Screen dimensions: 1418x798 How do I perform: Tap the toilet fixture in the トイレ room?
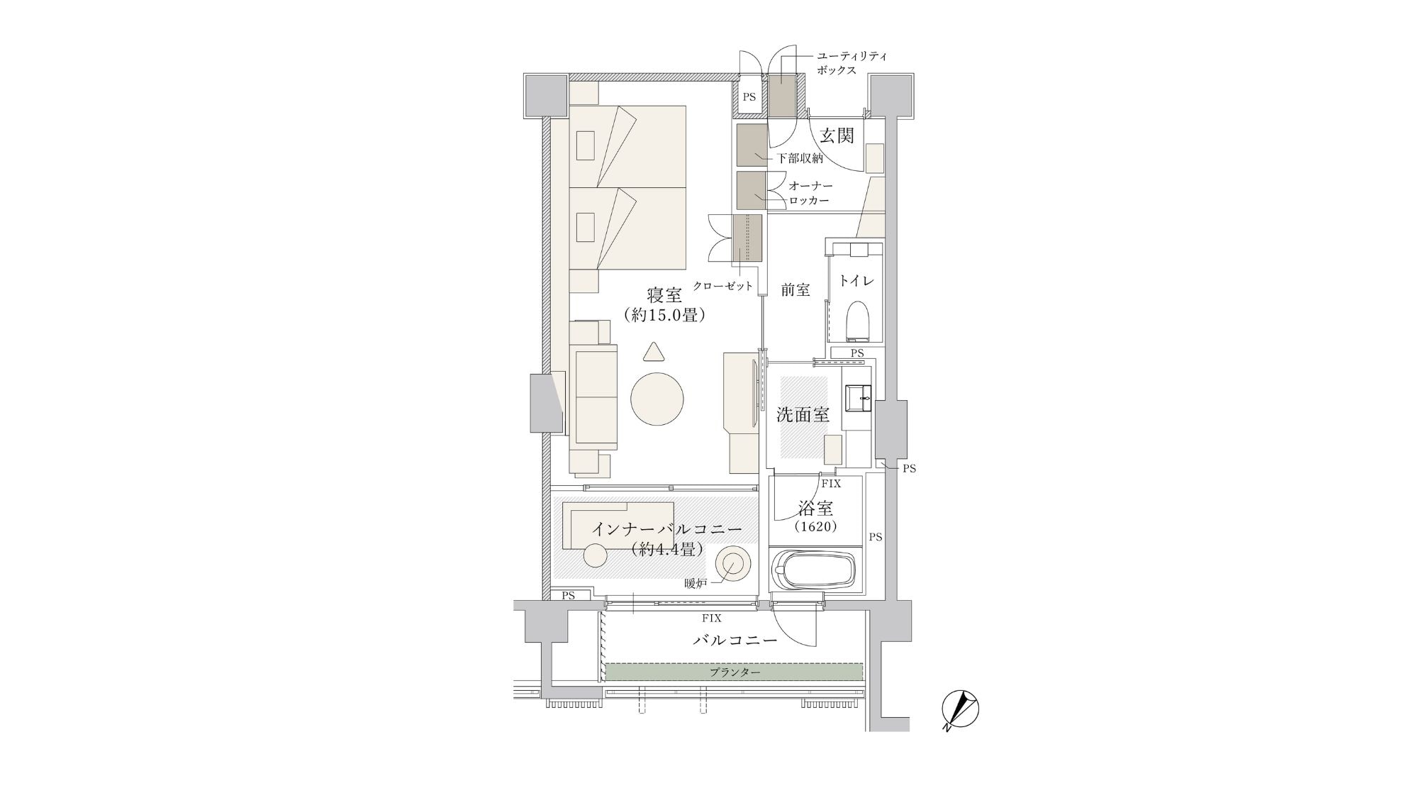[858, 321]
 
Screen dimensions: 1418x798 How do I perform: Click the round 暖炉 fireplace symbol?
[731, 566]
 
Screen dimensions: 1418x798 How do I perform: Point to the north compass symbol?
[959, 710]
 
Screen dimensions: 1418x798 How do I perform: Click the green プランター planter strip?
[734, 672]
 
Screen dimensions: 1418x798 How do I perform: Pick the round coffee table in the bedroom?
[658, 399]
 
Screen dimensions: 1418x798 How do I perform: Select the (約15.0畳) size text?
[664, 315]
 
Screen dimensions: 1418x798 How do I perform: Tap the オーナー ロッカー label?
[810, 193]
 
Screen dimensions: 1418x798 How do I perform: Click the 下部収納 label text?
[800, 158]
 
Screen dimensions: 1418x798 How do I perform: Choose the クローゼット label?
[722, 286]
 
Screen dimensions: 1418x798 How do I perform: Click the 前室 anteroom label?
[795, 289]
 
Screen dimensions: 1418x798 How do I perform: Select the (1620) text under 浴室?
[815, 526]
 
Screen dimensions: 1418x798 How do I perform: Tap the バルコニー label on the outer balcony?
[735, 640]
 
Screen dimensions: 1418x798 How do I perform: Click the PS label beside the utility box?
[749, 97]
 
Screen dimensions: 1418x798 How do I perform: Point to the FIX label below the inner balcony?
[712, 618]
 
